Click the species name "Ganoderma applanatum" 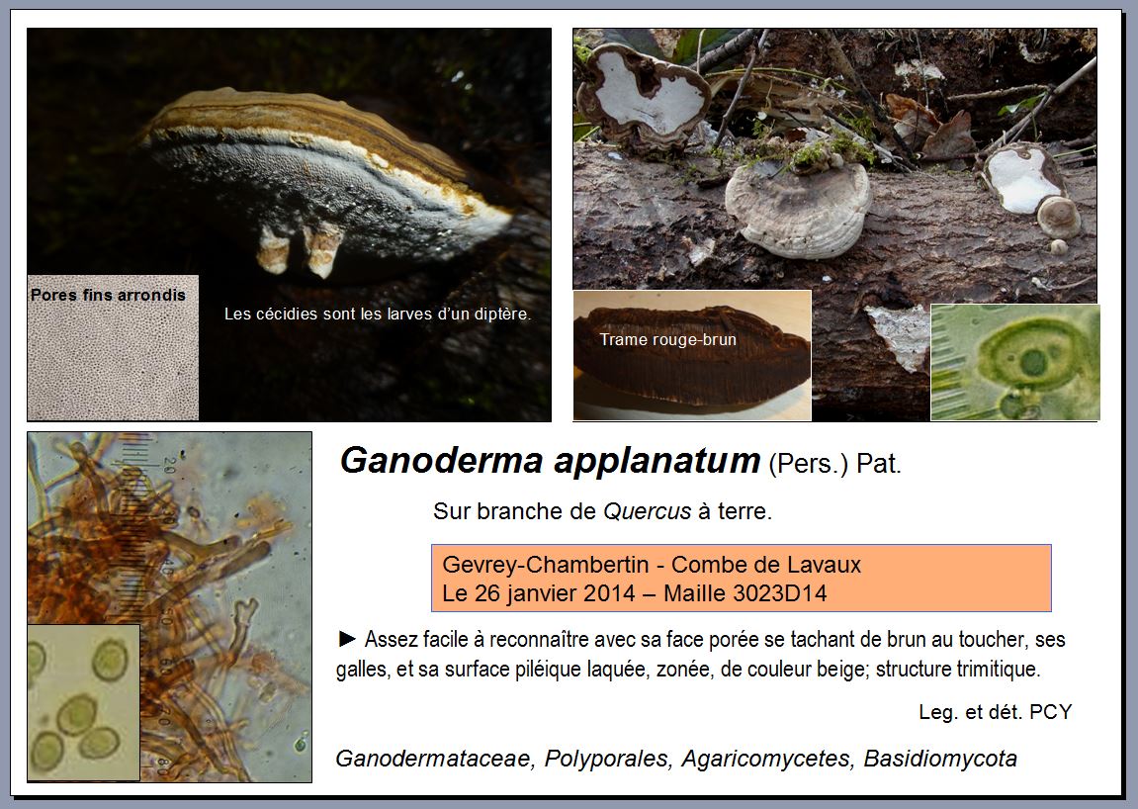pos(550,461)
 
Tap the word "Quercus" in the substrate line pos(648,511)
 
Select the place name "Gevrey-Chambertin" pos(544,565)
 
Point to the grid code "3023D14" pos(781,593)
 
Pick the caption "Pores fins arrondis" pos(108,295)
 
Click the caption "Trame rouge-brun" pos(667,339)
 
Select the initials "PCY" pos(1050,712)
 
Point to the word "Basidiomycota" pos(940,759)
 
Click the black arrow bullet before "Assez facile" pos(348,639)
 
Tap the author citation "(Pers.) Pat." pos(834,463)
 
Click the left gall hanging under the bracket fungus pos(273,249)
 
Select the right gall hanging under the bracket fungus pos(321,249)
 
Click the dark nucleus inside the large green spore pos(1033,362)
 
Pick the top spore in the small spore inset pos(110,660)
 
